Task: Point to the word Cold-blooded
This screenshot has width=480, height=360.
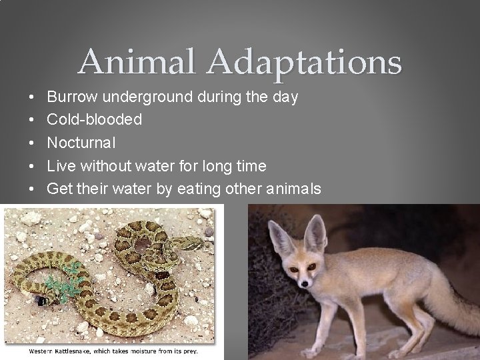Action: click(95, 120)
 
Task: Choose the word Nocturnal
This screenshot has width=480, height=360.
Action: click(81, 143)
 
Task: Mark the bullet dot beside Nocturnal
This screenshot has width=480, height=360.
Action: click(33, 143)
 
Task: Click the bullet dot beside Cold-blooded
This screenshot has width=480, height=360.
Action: click(33, 120)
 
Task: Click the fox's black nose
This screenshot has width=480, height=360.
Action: click(303, 283)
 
